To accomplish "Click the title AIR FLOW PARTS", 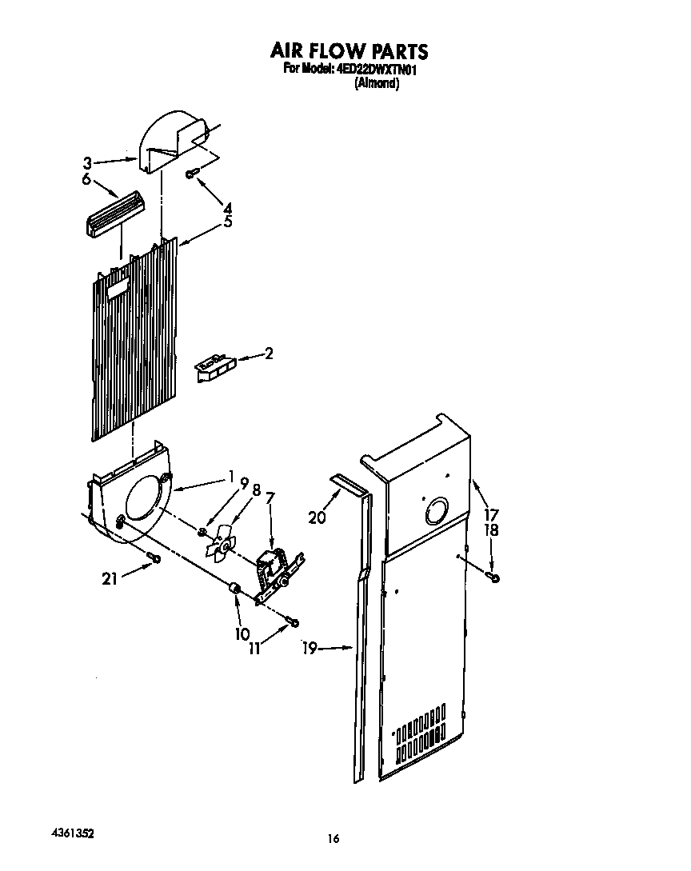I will tap(349, 51).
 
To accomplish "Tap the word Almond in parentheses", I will tap(377, 84).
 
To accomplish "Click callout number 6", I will tap(86, 180).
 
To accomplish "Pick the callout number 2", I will tap(269, 353).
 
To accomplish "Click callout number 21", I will tap(110, 578).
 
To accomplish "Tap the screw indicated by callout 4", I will tap(191, 174).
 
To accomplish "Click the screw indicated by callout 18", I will tap(495, 577).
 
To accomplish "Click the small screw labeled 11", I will tap(294, 621).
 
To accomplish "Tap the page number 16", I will tap(334, 838).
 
